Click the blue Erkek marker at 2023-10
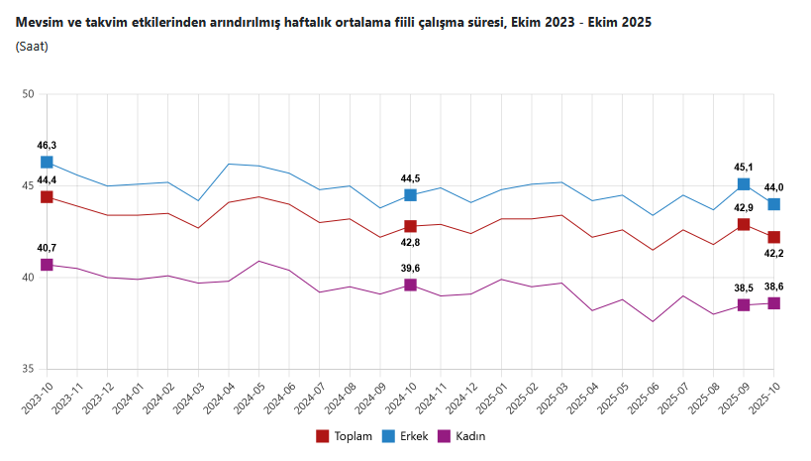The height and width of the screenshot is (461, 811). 47,163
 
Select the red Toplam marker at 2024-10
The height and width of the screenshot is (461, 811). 410,227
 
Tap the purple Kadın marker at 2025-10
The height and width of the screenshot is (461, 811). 773,303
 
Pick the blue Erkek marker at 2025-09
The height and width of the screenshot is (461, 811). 744,184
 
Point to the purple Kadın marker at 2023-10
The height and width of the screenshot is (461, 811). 47,265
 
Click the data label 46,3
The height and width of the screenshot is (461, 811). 47,146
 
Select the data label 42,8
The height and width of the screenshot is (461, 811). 410,243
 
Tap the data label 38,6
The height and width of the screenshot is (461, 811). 774,287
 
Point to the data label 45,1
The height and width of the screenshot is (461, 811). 743,167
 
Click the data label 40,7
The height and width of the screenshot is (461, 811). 47,248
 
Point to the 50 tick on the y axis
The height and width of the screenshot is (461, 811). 28,94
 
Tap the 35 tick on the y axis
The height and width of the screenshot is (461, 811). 28,369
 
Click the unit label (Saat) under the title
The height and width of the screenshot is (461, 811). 32,46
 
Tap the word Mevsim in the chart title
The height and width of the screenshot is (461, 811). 39,22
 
